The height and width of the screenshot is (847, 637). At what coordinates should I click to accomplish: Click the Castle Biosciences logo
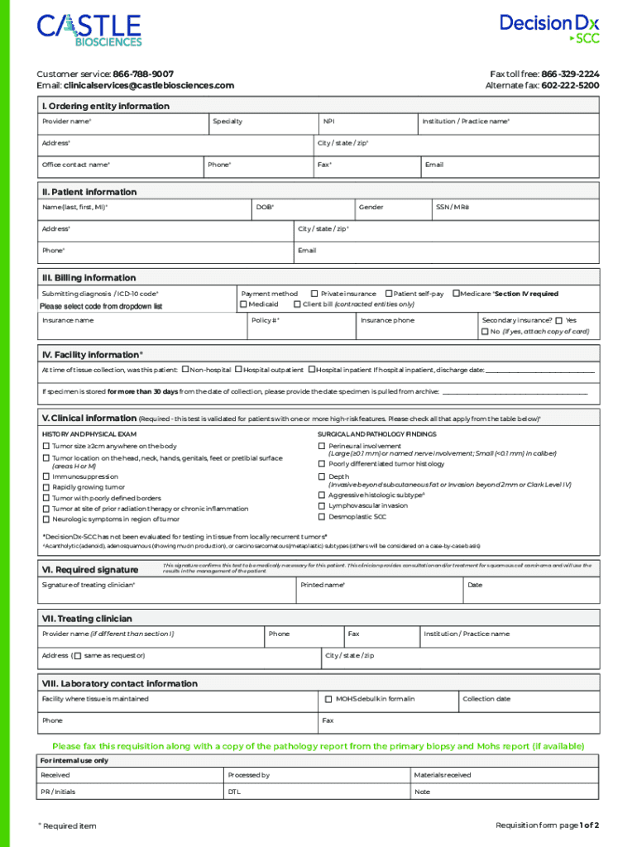(89, 30)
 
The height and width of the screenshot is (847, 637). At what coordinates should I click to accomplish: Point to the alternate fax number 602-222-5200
(571, 85)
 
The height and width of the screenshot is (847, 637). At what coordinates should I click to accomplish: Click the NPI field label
(328, 122)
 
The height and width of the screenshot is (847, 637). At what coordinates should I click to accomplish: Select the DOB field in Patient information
(303, 215)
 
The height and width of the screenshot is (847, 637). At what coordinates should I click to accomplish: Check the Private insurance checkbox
(314, 294)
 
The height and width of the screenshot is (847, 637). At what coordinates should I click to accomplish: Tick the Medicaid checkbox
(244, 304)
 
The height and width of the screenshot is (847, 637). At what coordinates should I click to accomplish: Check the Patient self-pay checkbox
(389, 294)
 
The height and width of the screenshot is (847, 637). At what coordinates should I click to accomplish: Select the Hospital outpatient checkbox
(238, 370)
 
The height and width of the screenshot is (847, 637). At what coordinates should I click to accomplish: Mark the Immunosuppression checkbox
(46, 477)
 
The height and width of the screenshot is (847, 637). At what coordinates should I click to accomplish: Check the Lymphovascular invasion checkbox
(322, 505)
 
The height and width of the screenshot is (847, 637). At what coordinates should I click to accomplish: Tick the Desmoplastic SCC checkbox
(322, 517)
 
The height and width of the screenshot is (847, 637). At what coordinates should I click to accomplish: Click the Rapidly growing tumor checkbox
(46, 488)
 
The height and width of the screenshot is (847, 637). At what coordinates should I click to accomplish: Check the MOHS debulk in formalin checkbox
(328, 699)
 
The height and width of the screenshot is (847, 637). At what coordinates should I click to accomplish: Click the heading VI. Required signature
(90, 569)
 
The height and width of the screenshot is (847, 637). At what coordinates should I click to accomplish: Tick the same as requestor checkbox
(77, 656)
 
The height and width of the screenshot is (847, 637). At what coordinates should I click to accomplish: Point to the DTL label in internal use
(233, 792)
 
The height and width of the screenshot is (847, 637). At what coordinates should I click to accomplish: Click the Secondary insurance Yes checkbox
(559, 320)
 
